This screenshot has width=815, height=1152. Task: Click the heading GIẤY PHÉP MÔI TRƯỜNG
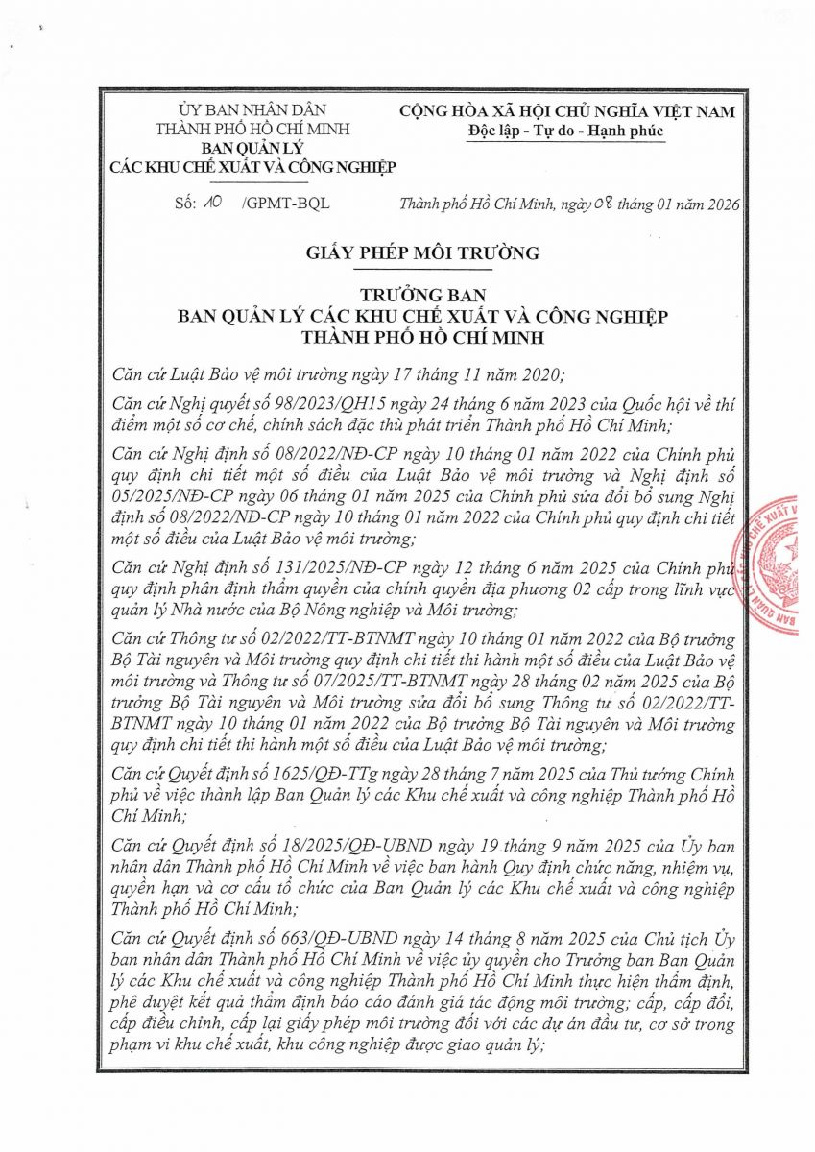tap(422, 253)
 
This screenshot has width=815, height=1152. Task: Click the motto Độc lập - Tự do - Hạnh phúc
tap(566, 132)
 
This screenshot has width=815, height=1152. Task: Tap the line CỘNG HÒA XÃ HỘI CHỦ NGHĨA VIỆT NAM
tap(568, 112)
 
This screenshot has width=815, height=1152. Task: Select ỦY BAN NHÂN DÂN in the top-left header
tap(252, 111)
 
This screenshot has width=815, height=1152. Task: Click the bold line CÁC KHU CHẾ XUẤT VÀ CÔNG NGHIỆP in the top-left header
tap(252, 167)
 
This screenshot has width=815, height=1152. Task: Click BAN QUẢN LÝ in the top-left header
tap(252, 149)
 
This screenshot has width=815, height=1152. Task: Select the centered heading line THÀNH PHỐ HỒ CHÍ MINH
tap(422, 338)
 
